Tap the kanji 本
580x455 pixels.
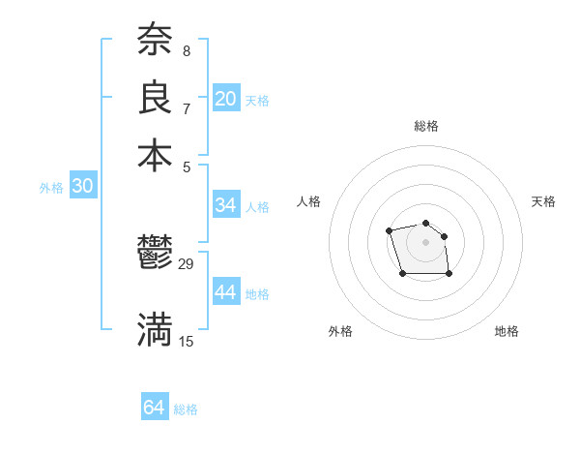(155, 154)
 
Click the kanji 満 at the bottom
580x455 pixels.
(155, 329)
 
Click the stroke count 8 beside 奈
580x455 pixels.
(186, 50)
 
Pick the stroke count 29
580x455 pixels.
(187, 263)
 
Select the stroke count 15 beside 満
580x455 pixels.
(187, 341)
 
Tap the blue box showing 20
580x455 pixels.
(226, 98)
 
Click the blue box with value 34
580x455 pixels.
(226, 205)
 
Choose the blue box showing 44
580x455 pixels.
(226, 292)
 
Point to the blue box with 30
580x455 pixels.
(82, 187)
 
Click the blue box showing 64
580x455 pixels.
(155, 408)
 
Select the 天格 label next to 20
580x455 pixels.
(257, 100)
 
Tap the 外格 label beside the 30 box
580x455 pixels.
(51, 189)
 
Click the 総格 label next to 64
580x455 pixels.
(186, 409)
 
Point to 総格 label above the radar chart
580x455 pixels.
(426, 126)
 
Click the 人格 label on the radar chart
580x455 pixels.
(309, 201)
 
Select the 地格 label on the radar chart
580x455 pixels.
(507, 331)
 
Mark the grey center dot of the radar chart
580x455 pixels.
(426, 241)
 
